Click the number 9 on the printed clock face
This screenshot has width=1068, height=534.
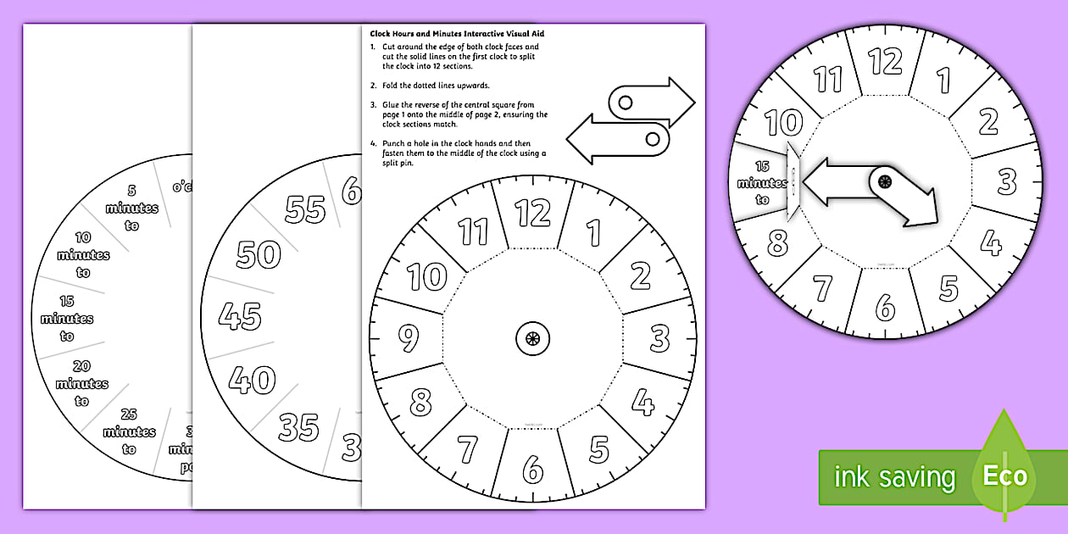[409, 339]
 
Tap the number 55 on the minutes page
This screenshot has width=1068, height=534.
[305, 209]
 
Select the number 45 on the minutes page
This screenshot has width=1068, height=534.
[240, 316]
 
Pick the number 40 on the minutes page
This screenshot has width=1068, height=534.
[252, 379]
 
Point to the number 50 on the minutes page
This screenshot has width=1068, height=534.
[259, 253]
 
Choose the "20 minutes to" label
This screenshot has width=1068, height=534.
[82, 383]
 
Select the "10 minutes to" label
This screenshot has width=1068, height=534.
[83, 255]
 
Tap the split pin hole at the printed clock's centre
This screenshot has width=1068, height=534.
[532, 339]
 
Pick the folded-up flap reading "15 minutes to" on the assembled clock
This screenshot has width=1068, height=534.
[760, 183]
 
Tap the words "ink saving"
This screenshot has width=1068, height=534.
[894, 476]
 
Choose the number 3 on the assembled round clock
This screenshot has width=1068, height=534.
[1006, 181]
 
